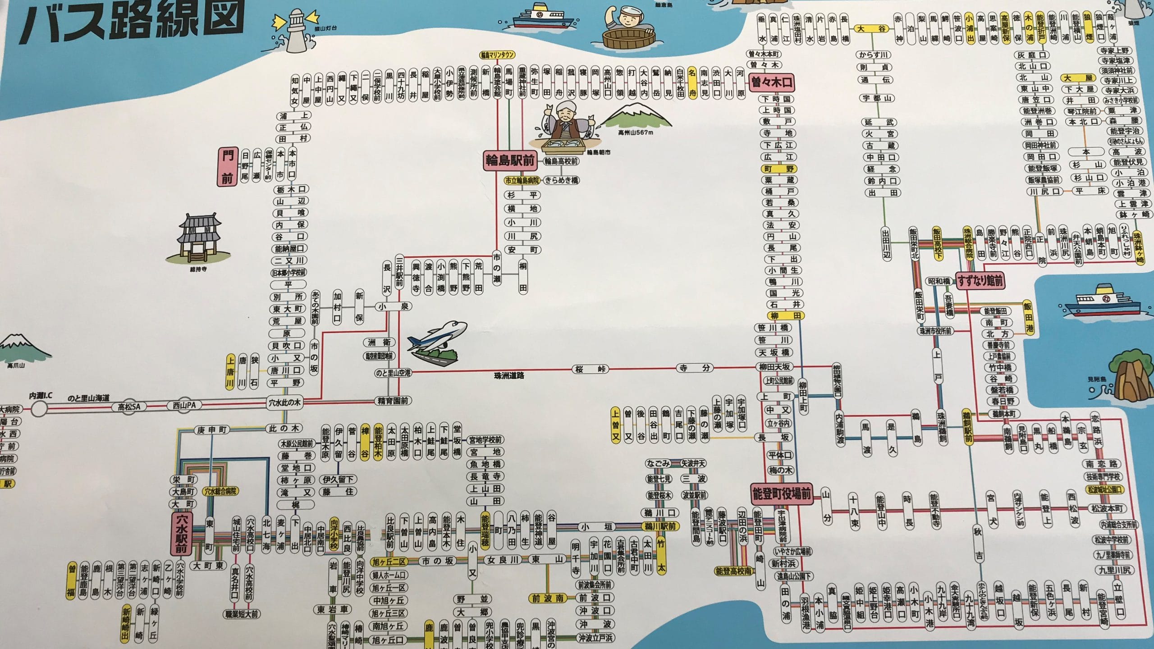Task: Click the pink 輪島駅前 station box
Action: coord(510,160)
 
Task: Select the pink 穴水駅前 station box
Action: coord(182,534)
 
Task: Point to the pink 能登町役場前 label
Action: coord(781,494)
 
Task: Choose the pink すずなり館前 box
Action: coord(980,281)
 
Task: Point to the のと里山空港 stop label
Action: coord(393,372)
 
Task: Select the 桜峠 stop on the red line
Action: coord(590,369)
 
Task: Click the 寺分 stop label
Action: coord(695,368)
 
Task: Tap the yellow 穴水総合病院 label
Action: coord(221,491)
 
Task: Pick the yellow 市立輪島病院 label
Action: coord(522,180)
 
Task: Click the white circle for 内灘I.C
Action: coord(40,409)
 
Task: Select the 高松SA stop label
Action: coord(129,407)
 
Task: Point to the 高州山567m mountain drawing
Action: coord(636,117)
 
